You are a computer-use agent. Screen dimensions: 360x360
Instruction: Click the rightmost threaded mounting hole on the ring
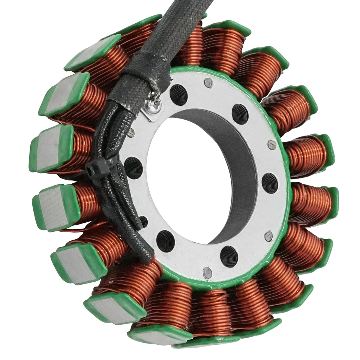tap(270, 183)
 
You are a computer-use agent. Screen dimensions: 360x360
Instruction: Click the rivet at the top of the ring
tap(208, 83)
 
